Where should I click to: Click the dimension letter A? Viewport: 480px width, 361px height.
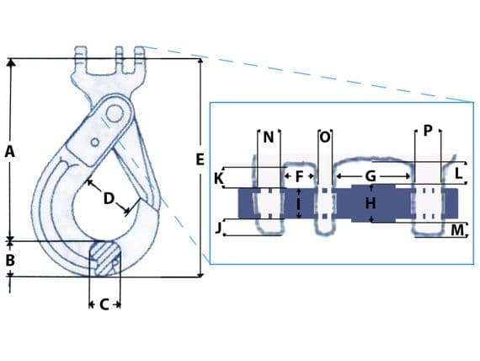(10, 152)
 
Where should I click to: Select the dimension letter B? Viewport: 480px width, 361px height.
(10, 261)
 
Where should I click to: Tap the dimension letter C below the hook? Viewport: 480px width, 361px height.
(104, 304)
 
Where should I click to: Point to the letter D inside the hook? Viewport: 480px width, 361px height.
(109, 199)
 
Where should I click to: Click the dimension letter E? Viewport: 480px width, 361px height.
(199, 159)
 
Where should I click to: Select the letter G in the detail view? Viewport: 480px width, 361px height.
(369, 177)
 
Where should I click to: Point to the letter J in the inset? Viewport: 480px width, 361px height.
(219, 228)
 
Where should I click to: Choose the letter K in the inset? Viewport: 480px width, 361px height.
(219, 179)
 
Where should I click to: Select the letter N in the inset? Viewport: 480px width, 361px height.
(269, 137)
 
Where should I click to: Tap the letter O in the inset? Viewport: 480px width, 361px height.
(324, 137)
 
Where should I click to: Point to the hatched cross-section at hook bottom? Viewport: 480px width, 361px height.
(105, 256)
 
